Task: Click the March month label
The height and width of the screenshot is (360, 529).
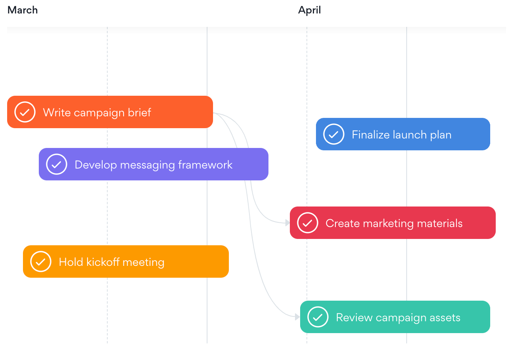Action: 23,10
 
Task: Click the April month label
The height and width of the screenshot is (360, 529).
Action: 309,10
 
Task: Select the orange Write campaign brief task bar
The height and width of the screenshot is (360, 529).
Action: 110,112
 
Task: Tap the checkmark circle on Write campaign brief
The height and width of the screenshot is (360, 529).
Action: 25,112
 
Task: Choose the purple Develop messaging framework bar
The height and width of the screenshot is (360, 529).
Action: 154,164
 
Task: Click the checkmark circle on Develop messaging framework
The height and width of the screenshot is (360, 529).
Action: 57,164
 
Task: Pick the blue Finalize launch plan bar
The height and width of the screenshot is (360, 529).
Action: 403,134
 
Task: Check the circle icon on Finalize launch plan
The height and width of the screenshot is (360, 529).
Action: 334,134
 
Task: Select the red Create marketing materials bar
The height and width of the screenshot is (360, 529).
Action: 393,223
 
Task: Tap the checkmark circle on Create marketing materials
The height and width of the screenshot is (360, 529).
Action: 308,223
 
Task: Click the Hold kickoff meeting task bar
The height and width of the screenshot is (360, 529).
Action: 126,261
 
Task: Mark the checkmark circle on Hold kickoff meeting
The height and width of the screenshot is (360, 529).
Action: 41,261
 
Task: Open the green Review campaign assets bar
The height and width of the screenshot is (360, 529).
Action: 395,317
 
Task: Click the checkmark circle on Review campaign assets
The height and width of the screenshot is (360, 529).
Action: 318,317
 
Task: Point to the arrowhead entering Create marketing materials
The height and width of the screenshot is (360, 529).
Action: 287,223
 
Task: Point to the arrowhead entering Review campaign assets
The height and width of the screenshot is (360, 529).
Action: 298,317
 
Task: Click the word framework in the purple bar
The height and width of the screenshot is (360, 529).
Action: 205,165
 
